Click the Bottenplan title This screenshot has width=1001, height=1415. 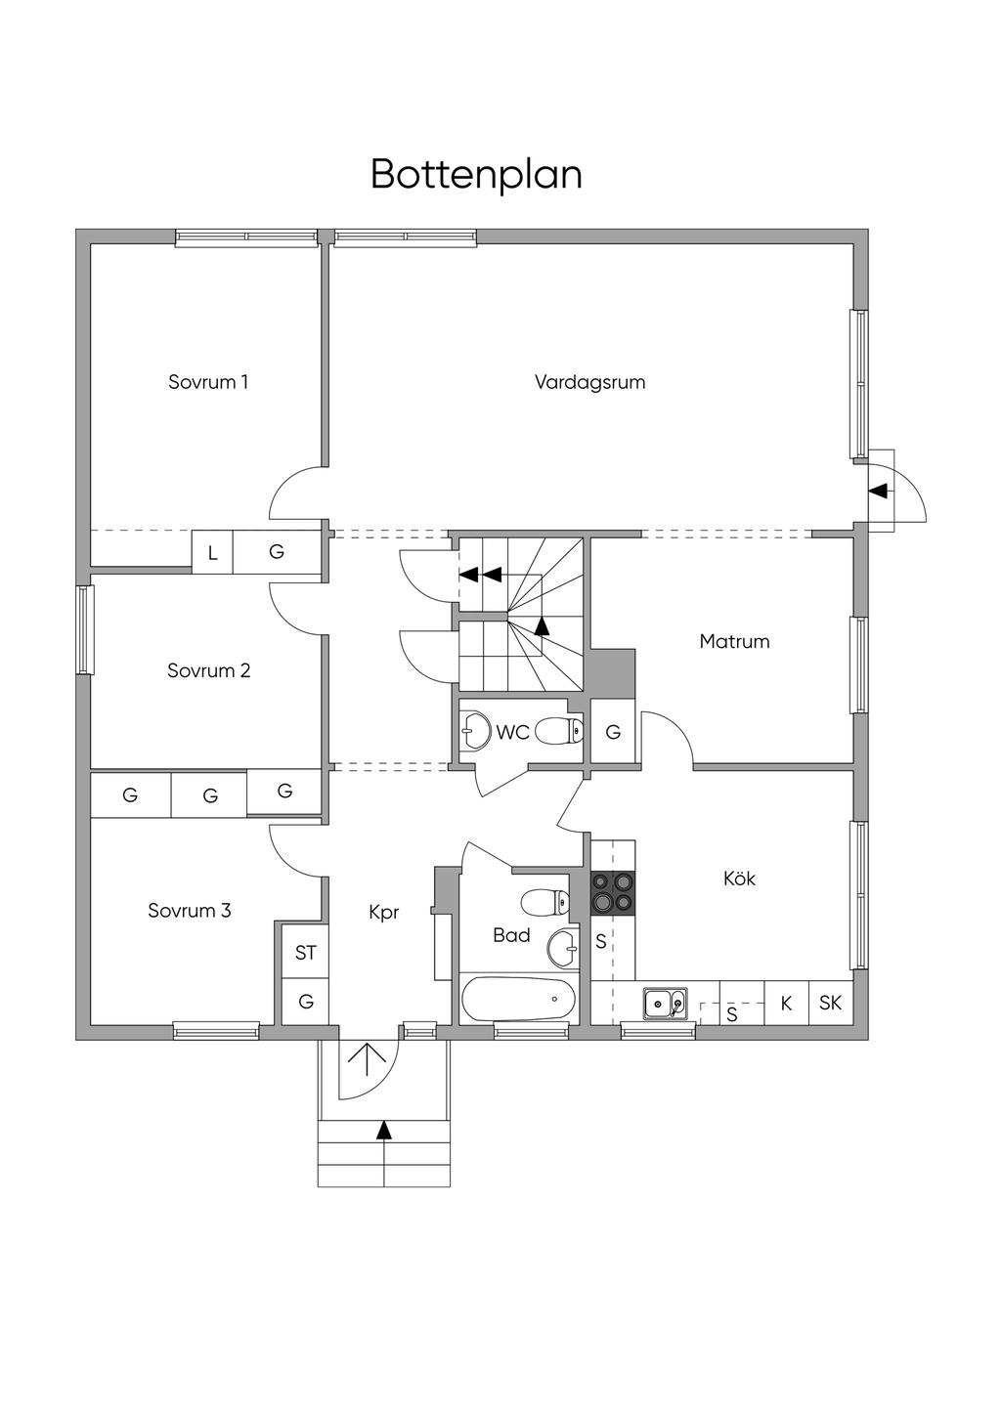(476, 175)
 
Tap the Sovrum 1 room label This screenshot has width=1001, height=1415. (207, 382)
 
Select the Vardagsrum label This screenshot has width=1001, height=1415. (589, 382)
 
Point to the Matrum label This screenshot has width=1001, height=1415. (734, 642)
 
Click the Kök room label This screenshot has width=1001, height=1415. (739, 879)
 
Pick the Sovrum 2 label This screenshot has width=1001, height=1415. (208, 670)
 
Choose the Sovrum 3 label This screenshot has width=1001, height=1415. (190, 911)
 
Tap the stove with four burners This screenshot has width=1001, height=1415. (613, 892)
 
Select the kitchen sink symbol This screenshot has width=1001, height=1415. (665, 1003)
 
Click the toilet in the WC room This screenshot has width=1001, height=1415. (560, 730)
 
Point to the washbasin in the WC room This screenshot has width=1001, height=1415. (475, 730)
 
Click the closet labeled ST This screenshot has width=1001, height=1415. (306, 953)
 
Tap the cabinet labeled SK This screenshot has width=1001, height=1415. (830, 1003)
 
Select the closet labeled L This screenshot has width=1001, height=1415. (212, 554)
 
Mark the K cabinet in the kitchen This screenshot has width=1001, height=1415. (786, 1003)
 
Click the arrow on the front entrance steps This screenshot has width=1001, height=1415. (384, 1130)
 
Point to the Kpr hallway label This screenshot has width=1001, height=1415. (384, 913)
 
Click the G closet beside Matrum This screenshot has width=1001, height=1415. (613, 732)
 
